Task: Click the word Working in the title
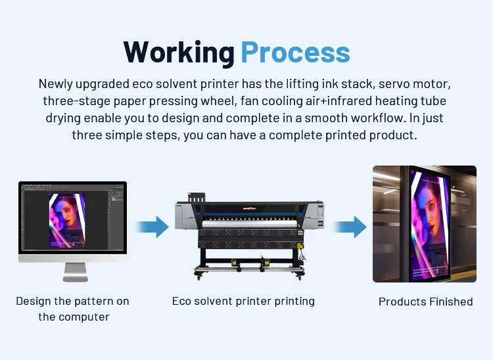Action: [179, 53]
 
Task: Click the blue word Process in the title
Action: [296, 53]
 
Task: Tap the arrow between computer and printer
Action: [153, 227]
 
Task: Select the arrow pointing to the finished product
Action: [350, 227]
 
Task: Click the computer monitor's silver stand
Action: [75, 273]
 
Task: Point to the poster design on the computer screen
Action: [67, 221]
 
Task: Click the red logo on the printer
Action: [249, 208]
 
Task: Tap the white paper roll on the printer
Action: [249, 224]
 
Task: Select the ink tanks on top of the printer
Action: [197, 198]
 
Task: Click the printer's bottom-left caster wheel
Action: [199, 277]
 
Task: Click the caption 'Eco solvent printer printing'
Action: [243, 302]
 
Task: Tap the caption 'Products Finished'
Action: [426, 302]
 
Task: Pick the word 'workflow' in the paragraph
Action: [377, 118]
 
